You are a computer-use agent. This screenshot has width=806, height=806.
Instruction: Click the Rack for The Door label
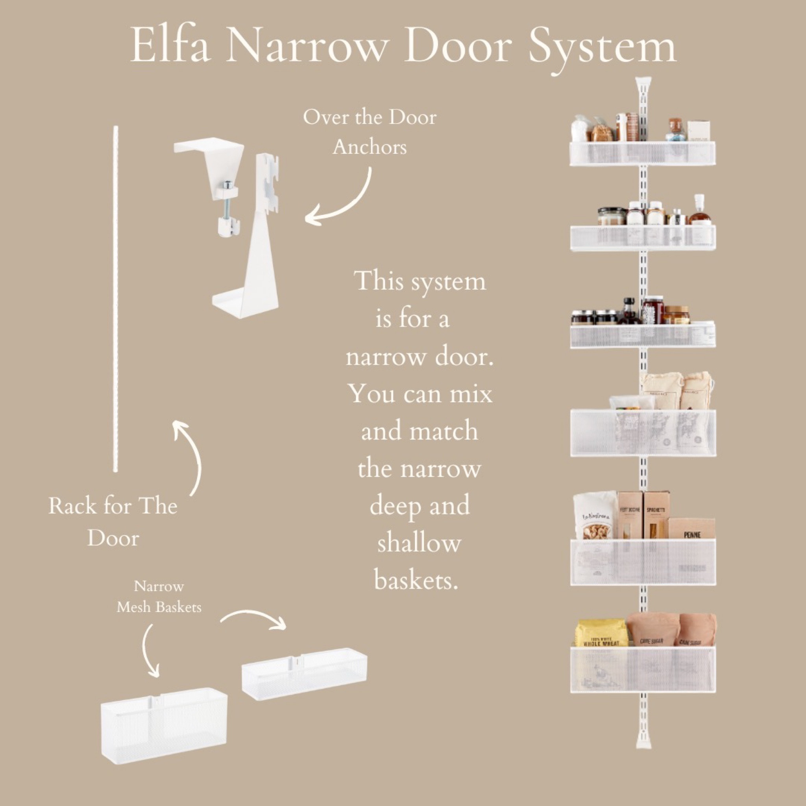(x=113, y=522)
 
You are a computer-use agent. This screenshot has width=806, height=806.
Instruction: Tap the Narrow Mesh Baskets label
(x=159, y=597)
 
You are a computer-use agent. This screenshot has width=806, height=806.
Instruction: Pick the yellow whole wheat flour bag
(x=601, y=634)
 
